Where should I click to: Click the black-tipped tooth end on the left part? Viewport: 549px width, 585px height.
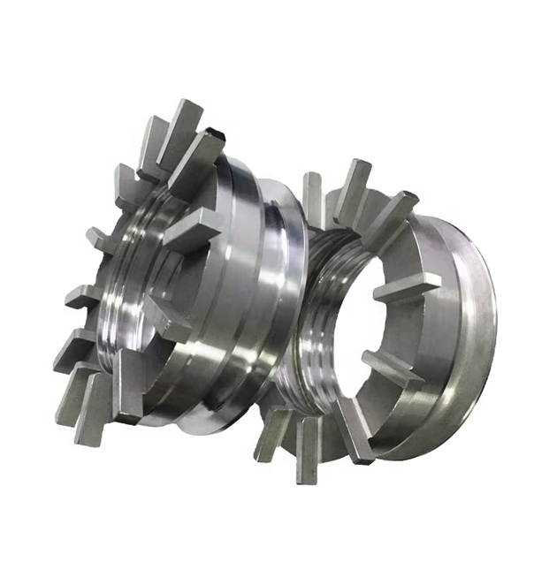click(216, 135)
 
